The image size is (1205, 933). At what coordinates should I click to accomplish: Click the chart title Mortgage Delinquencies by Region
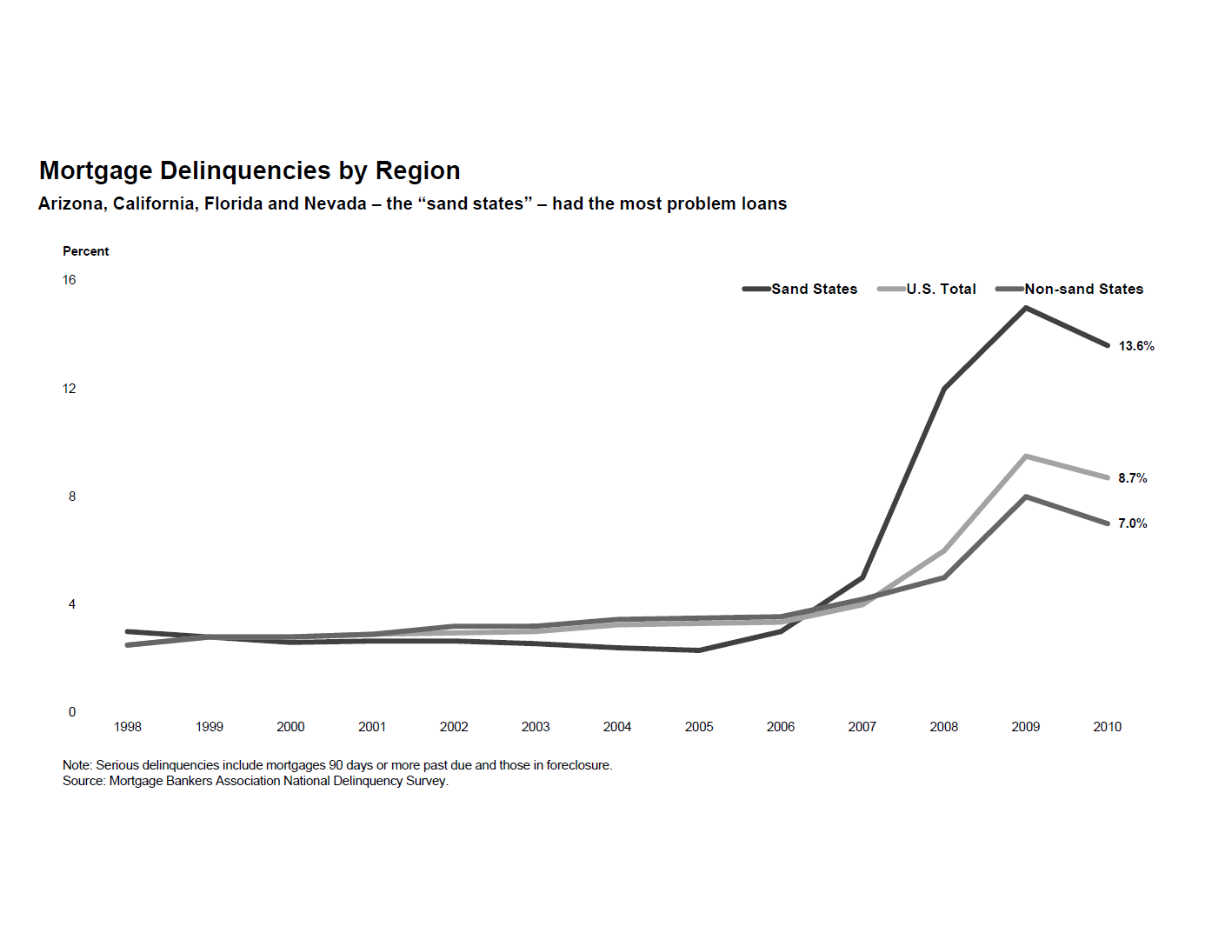click(250, 170)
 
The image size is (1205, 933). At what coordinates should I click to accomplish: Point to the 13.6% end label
click(1136, 346)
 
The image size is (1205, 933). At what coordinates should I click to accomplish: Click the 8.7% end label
click(1132, 478)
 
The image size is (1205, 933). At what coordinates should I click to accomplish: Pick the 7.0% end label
click(1132, 523)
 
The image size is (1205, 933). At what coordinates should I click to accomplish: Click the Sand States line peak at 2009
click(1026, 308)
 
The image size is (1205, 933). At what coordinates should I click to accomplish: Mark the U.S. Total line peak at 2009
click(1026, 456)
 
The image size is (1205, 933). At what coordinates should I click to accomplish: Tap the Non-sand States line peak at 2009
click(1026, 496)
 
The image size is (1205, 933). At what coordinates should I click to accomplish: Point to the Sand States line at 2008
click(944, 389)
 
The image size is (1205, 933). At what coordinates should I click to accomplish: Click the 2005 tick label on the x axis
click(699, 727)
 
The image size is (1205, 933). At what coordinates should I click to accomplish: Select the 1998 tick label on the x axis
click(128, 727)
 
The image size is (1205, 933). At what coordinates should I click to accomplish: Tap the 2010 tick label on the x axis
click(1107, 727)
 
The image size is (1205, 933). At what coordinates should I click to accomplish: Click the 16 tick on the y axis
click(70, 280)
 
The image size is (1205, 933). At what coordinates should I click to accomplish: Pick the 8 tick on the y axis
click(72, 496)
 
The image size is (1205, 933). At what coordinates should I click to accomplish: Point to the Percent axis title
click(86, 251)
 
